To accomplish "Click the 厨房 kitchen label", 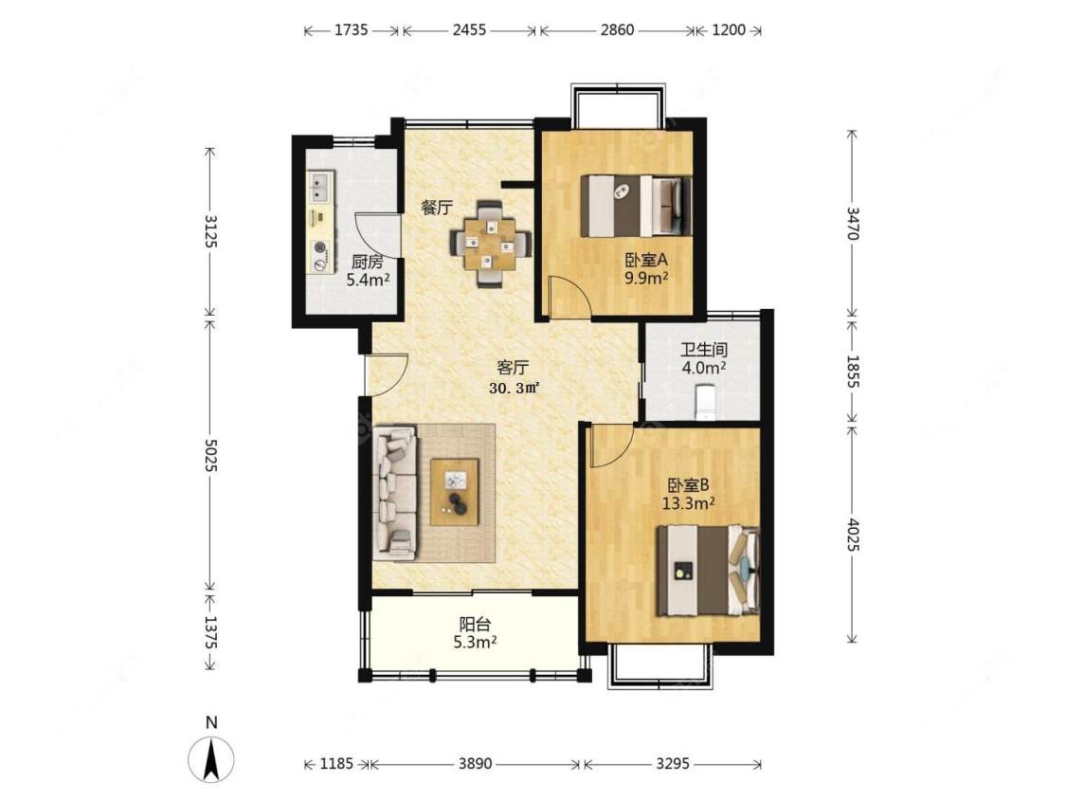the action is tap(367, 262).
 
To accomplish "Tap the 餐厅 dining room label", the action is tap(437, 208).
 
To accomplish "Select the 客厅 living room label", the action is tap(513, 368).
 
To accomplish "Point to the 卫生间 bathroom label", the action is tap(704, 350).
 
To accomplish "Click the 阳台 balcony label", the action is tap(476, 624).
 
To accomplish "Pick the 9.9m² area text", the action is tap(646, 279).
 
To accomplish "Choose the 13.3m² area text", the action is tap(688, 503).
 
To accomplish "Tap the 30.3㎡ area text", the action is tap(514, 389).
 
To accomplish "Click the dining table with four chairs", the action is tap(490, 243).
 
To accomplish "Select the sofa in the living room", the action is tap(396, 493).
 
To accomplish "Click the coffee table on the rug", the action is tap(454, 492).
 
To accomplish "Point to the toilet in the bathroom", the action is tap(705, 402).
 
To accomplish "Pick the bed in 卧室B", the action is tap(707, 570).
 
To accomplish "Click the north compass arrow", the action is tap(211, 758).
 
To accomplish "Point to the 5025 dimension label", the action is tap(211, 454).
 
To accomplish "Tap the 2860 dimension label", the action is tap(617, 30).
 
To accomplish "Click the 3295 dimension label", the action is tap(673, 764).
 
